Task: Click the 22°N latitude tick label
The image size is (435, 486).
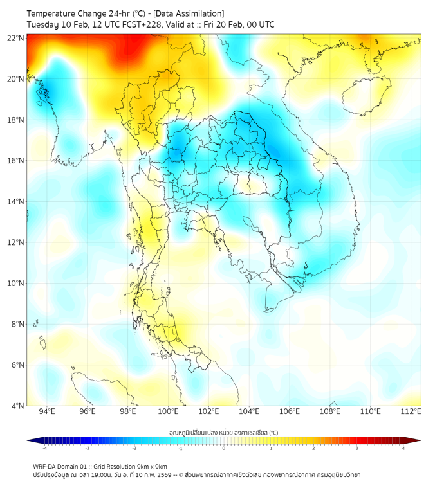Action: (16, 38)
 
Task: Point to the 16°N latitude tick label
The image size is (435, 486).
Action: (16, 160)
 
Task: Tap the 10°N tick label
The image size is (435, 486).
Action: (16, 283)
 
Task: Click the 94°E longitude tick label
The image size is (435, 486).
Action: (47, 411)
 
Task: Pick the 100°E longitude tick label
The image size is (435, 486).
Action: (168, 411)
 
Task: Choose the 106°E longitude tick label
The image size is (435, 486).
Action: (290, 411)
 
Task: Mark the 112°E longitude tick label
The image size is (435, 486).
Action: (411, 411)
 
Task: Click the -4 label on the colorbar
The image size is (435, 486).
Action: (44, 449)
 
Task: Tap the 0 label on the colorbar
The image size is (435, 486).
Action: (224, 449)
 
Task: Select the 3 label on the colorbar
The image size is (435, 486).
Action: (358, 449)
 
